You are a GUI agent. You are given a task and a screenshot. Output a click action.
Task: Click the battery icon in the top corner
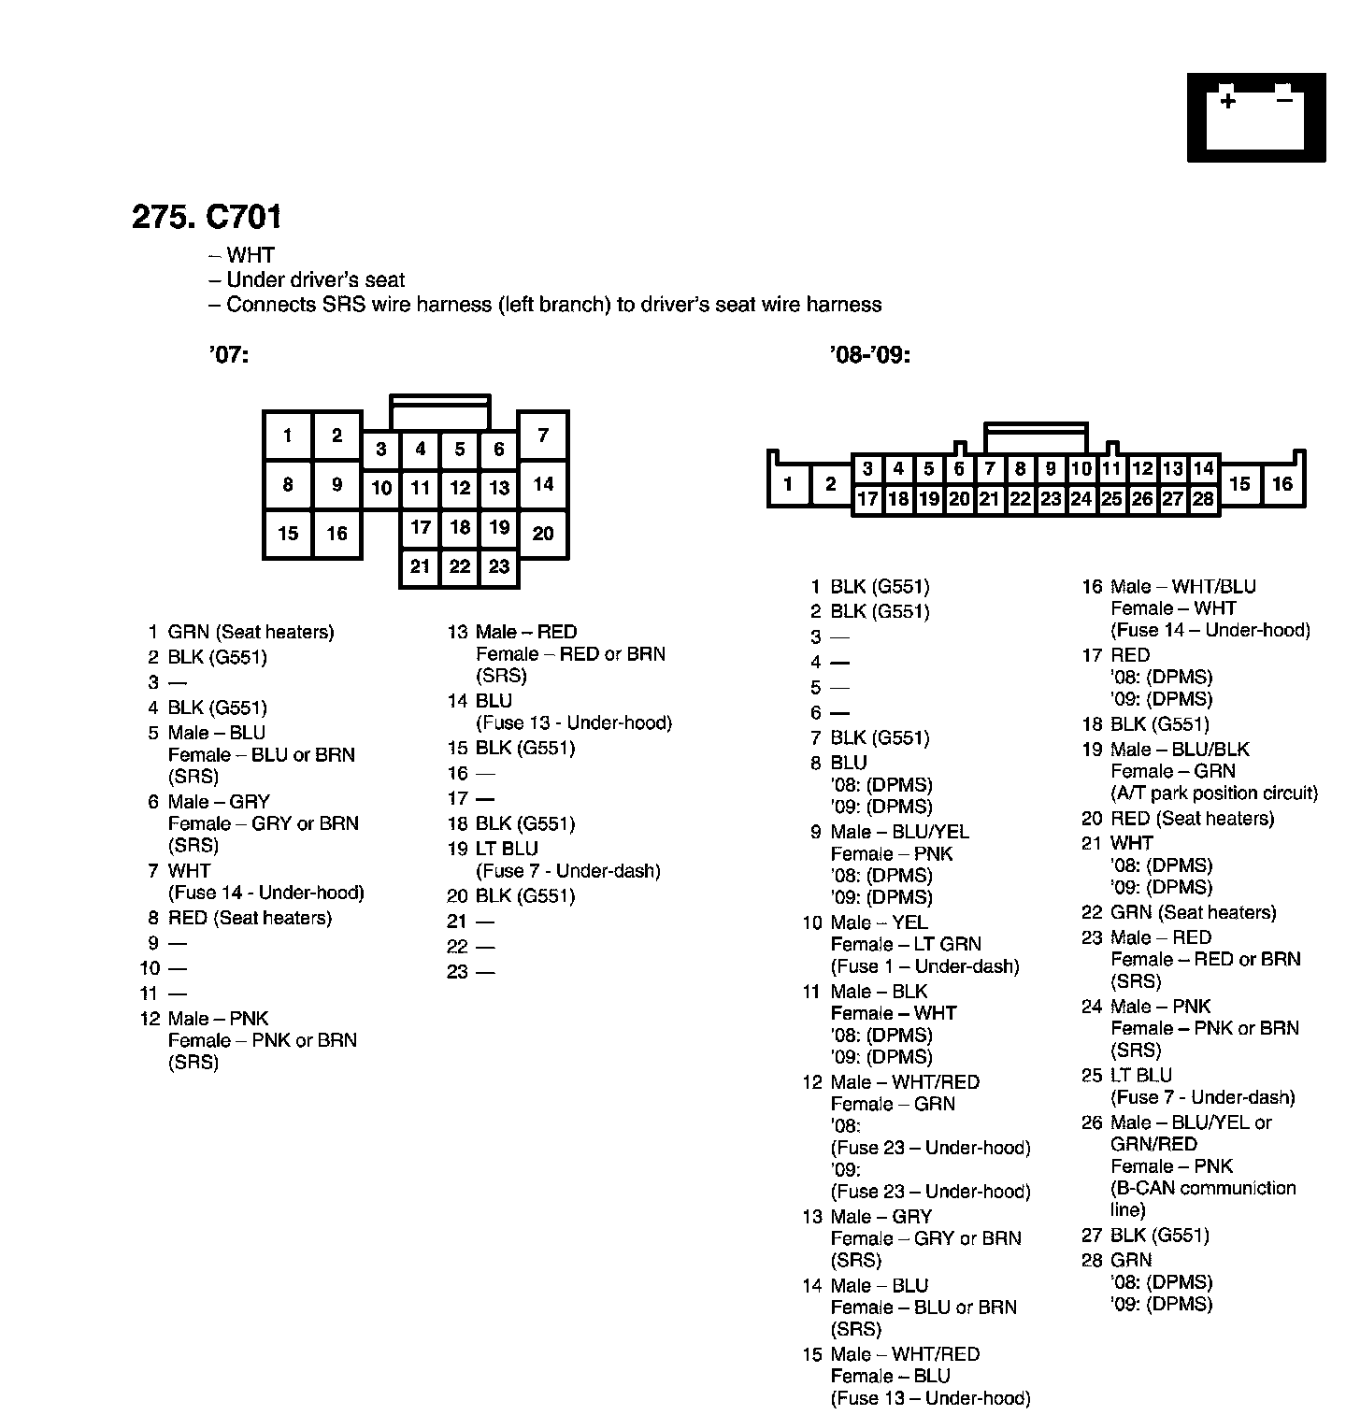pyautogui.click(x=1255, y=118)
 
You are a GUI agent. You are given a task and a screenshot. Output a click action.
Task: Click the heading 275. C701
pyautogui.click(x=207, y=217)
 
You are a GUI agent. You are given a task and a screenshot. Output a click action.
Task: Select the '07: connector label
pyautogui.click(x=229, y=355)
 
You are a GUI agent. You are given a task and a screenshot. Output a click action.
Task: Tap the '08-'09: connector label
pyautogui.click(x=869, y=355)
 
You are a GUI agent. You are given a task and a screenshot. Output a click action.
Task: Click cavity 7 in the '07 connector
pyautogui.click(x=543, y=435)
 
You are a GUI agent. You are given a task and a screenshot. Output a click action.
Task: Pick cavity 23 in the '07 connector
pyautogui.click(x=499, y=566)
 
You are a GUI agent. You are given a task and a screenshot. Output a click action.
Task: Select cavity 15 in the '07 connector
pyautogui.click(x=288, y=534)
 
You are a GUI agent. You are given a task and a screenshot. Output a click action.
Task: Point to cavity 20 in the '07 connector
pyautogui.click(x=543, y=534)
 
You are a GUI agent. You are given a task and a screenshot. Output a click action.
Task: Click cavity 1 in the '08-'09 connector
pyautogui.click(x=789, y=484)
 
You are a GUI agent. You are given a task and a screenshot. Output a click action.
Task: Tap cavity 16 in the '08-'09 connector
pyautogui.click(x=1282, y=484)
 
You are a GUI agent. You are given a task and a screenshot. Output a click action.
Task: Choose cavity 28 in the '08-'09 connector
pyautogui.click(x=1203, y=499)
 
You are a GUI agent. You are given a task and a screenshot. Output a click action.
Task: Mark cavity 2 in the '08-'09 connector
pyautogui.click(x=831, y=484)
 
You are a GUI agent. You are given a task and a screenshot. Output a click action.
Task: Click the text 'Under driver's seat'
pyautogui.click(x=315, y=279)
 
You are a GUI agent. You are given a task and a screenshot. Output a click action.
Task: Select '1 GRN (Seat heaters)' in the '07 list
pyautogui.click(x=240, y=632)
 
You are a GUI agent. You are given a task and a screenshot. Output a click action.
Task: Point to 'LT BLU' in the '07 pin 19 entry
pyautogui.click(x=506, y=849)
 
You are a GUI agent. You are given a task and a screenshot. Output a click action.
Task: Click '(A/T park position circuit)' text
pyautogui.click(x=1214, y=793)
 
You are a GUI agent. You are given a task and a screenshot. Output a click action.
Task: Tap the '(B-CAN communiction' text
pyautogui.click(x=1203, y=1188)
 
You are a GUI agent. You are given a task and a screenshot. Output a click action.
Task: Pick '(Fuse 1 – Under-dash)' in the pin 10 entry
pyautogui.click(x=924, y=966)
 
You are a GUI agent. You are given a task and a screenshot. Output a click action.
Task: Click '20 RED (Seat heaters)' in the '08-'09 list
pyautogui.click(x=1178, y=819)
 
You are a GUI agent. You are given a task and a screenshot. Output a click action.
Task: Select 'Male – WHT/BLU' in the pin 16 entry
pyautogui.click(x=1183, y=587)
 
